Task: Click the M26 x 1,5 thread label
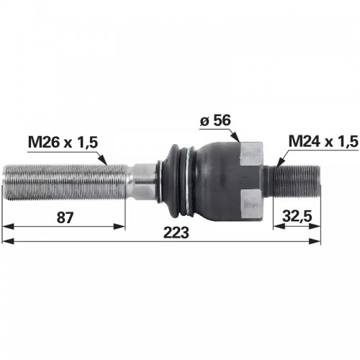click(63, 143)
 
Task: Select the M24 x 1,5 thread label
click(323, 141)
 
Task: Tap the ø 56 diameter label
click(215, 120)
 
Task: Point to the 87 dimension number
click(65, 217)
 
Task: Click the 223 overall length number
click(176, 233)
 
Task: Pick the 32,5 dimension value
click(297, 216)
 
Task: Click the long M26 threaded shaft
click(66, 182)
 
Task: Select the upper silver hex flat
click(251, 153)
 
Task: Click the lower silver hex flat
click(251, 204)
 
